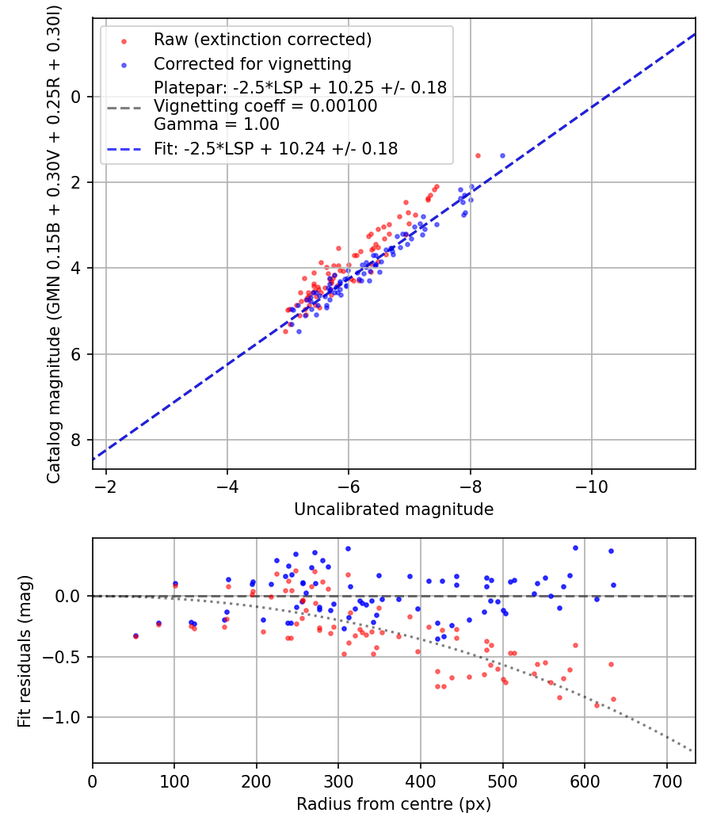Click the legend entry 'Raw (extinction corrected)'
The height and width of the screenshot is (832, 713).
[262, 39]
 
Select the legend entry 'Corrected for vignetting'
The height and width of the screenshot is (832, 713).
[252, 63]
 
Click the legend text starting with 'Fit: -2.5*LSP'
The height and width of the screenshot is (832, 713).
[276, 148]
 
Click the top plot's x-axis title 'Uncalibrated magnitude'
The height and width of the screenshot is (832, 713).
[394, 510]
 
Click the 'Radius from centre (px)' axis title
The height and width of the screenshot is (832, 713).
[394, 804]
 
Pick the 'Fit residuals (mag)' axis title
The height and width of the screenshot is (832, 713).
[25, 651]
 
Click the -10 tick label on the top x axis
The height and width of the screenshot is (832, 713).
[592, 486]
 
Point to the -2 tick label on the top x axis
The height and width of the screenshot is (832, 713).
[106, 486]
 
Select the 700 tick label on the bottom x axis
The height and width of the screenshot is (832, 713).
[666, 780]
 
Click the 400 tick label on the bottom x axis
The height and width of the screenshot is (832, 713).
[421, 780]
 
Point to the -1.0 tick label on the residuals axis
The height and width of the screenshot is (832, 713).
[65, 717]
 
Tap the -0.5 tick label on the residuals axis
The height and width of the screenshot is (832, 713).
[65, 657]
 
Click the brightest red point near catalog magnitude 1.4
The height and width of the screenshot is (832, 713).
[478, 155]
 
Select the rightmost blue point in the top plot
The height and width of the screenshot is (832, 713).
[502, 155]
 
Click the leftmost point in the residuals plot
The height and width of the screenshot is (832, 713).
[135, 635]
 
